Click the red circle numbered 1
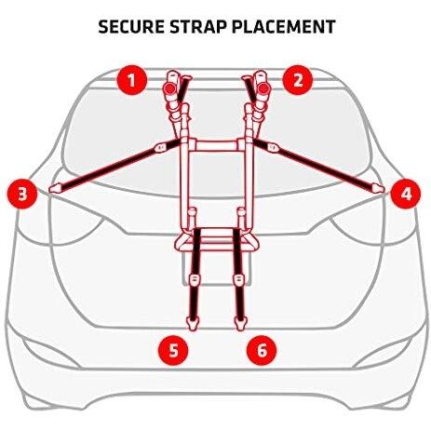131,80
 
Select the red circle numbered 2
298,80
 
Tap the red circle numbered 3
22,195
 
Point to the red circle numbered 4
406,194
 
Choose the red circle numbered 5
173,351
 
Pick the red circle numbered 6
262,351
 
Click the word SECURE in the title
131,27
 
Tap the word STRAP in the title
198,27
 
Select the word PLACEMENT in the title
284,27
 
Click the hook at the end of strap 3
55,188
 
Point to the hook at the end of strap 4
378,188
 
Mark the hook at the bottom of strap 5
193,323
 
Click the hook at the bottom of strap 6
240,323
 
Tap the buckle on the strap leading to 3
160,147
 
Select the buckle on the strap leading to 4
272,147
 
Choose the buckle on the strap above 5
195,279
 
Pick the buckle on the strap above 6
238,279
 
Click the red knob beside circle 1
169,88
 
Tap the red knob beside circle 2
263,88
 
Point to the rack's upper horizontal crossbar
217,145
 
